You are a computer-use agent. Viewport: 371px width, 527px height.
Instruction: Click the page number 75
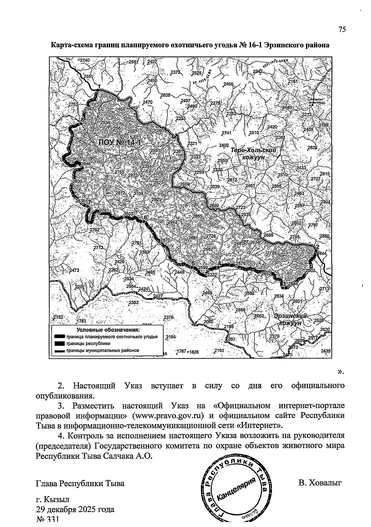(x=342, y=30)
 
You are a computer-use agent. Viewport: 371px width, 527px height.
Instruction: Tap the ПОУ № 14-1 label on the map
(x=120, y=142)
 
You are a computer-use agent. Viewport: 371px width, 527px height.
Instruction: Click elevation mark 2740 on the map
(x=84, y=60)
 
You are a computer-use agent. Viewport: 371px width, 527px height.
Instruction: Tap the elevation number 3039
(x=215, y=187)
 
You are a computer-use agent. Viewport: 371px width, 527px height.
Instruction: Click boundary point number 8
(x=83, y=120)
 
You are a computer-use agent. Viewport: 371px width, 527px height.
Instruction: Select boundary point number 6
(x=145, y=218)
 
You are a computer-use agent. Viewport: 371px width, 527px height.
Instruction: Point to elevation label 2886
(x=293, y=284)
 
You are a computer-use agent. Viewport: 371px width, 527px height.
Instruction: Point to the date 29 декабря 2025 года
(x=75, y=509)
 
